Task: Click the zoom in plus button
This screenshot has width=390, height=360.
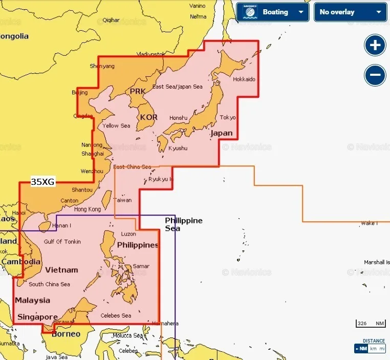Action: coord(375,45)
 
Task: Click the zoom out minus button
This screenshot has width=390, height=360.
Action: coord(375,76)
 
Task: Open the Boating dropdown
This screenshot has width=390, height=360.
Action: coord(272,12)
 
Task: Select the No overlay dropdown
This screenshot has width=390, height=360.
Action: coord(350,12)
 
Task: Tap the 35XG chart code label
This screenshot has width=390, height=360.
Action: coord(42,181)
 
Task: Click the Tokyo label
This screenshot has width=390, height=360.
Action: coord(228,117)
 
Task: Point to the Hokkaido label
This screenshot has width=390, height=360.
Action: coord(244,79)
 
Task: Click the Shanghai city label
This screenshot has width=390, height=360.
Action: coord(93,154)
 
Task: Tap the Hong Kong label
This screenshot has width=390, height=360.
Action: coord(88,209)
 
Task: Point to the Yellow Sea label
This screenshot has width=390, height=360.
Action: coord(116,125)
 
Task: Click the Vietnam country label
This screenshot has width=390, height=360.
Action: coord(61,270)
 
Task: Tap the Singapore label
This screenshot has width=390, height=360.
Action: coord(37,317)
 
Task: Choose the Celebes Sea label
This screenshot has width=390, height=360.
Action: coord(116,315)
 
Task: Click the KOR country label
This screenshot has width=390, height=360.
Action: coord(148,117)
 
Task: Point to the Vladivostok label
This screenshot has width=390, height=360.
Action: coord(151,54)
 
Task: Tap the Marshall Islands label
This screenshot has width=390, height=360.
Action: coord(377,262)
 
